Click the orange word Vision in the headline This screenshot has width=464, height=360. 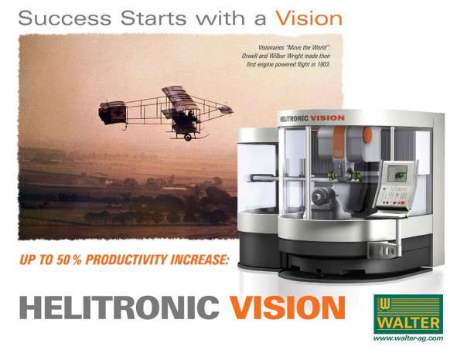309,19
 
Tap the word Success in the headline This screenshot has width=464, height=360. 64,19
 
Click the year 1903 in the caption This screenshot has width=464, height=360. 323,64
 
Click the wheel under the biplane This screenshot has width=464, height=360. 188,138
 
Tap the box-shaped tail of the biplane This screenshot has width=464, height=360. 113,112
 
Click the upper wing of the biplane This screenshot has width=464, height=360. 179,96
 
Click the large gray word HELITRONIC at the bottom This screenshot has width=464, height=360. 119,307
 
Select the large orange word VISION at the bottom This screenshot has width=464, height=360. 288,307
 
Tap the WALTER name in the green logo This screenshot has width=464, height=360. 408,323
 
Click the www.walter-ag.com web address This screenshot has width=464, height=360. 408,338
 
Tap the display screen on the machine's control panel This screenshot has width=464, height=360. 397,174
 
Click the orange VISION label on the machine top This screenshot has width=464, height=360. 328,118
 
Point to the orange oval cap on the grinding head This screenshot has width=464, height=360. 367,134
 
